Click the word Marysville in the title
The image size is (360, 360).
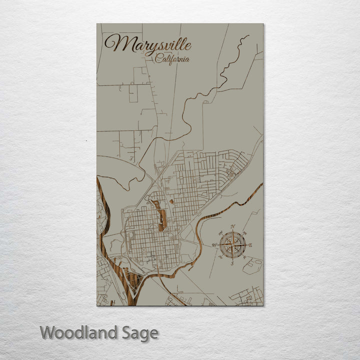[147, 44]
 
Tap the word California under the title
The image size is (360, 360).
[172, 59]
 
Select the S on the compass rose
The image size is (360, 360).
[232, 262]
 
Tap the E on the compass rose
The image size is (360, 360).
[250, 245]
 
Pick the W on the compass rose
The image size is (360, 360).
[214, 245]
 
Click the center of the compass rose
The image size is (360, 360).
[232, 245]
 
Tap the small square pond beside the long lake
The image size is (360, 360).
[171, 201]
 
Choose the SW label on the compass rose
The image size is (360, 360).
[220, 257]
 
